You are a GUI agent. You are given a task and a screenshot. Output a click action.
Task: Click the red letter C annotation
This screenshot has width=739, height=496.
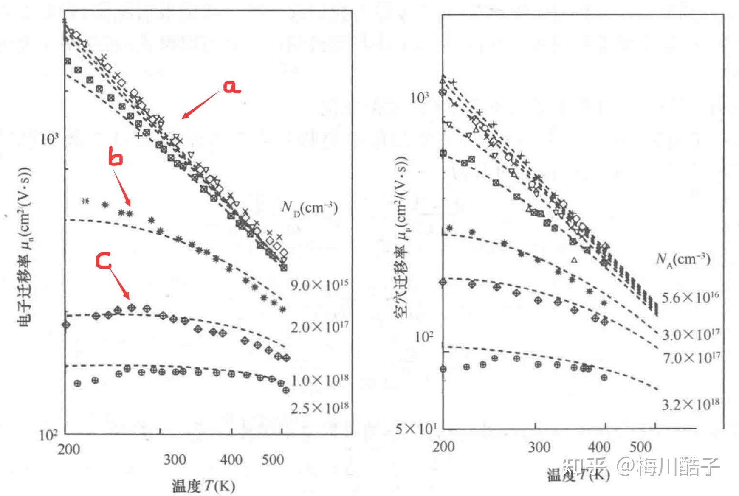point(104,261)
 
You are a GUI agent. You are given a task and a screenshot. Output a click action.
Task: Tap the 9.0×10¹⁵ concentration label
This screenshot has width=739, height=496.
point(319,285)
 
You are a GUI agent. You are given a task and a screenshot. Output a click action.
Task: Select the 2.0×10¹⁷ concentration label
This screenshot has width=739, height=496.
point(319,327)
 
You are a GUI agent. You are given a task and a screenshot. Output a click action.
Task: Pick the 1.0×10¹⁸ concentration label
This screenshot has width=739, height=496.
point(319,379)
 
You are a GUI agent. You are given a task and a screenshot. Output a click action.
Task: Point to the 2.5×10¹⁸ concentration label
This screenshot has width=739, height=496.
point(319,408)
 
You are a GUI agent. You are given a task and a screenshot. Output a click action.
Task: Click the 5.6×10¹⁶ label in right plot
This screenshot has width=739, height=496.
point(690,297)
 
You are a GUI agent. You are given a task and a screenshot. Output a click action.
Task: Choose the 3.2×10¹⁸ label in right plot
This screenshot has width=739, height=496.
point(690,404)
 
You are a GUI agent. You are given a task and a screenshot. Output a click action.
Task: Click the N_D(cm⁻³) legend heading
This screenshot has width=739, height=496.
point(309,208)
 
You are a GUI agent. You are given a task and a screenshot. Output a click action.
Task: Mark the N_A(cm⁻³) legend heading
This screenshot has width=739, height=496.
point(683,259)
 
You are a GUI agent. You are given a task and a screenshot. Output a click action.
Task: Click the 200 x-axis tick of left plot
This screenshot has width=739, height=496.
point(68,449)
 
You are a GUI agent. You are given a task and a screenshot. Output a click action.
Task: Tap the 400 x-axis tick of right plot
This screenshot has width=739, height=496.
point(598,446)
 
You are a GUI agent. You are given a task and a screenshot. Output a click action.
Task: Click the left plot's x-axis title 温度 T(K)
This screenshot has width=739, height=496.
point(203,486)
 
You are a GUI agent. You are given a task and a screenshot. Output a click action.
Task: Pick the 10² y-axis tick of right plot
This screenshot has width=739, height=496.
point(423,337)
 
